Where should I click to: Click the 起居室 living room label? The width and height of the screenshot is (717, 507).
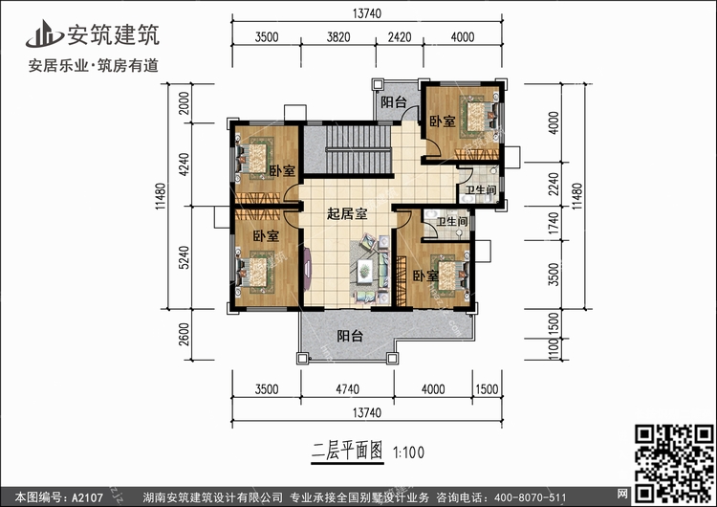(x=347, y=214)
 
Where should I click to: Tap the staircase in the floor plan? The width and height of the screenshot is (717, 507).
(x=358, y=153)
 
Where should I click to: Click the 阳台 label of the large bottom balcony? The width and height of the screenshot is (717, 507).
(x=350, y=336)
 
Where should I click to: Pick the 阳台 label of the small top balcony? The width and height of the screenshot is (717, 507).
(x=393, y=102)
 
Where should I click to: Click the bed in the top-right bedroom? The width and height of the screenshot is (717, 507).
(x=472, y=119)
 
